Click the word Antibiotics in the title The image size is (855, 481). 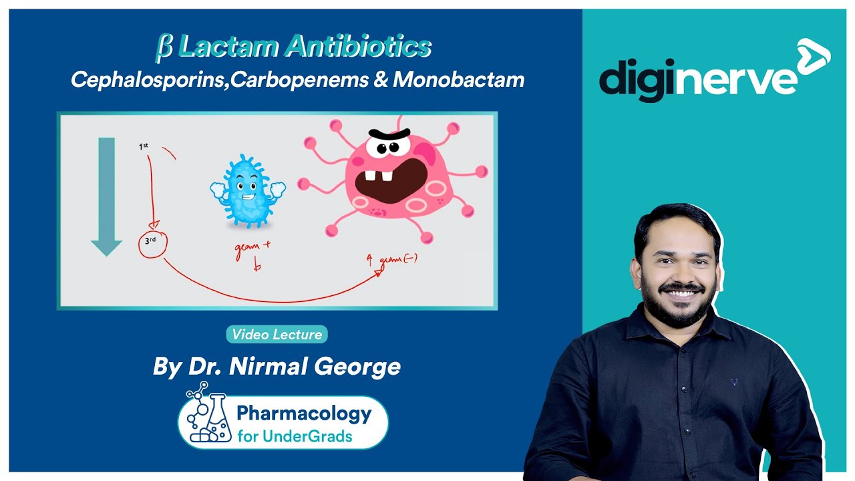click(x=357, y=47)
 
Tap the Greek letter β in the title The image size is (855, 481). click(x=164, y=47)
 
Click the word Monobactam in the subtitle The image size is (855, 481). click(x=458, y=80)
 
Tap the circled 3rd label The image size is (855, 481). click(x=152, y=244)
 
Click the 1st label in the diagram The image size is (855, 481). click(x=144, y=146)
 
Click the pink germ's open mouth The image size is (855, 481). click(x=391, y=180)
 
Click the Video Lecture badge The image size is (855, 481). click(x=277, y=335)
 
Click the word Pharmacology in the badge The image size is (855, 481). click(x=304, y=414)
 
